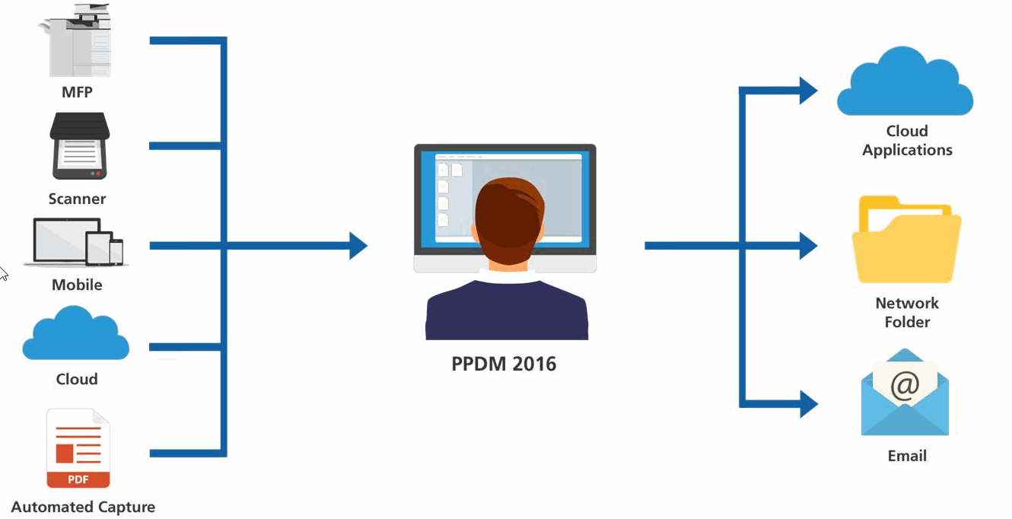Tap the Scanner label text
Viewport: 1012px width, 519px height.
(77, 199)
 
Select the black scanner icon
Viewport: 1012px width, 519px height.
(79, 145)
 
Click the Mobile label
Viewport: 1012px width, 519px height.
(77, 285)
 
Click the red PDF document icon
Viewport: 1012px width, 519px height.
(78, 448)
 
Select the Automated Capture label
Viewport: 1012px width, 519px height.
(83, 507)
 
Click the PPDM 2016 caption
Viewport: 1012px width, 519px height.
(504, 364)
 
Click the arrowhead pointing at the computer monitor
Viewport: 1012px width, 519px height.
(358, 246)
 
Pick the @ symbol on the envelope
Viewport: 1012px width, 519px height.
(905, 386)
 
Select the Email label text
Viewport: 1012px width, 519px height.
(907, 456)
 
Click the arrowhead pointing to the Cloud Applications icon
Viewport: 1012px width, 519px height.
(807, 91)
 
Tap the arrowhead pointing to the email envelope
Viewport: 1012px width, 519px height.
(808, 403)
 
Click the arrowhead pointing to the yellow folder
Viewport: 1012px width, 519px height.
(807, 246)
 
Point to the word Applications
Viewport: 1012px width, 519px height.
(907, 150)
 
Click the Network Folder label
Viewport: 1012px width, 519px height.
(907, 312)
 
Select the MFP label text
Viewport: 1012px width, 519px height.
(77, 93)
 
